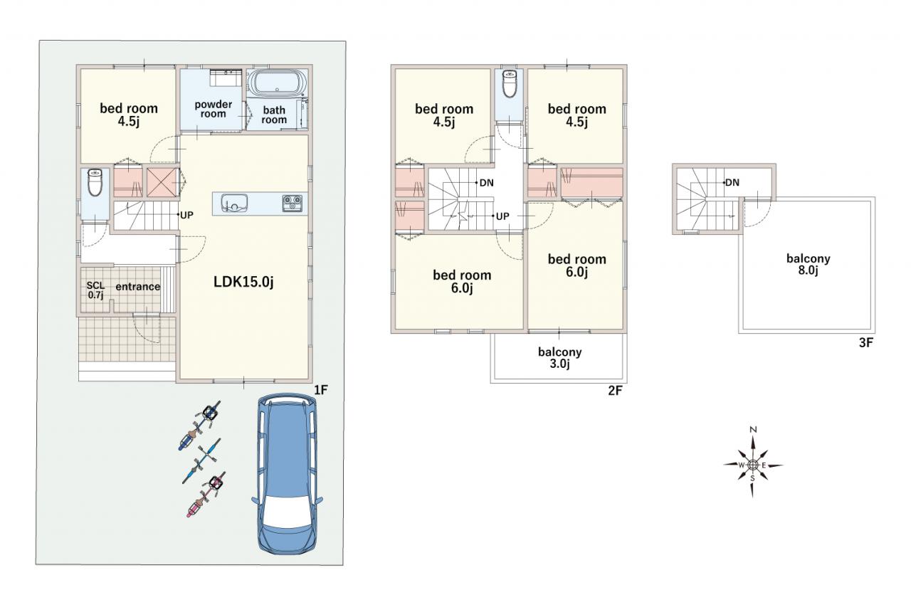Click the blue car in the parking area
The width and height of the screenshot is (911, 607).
[x=287, y=474]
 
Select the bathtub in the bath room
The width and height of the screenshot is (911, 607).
[x=278, y=83]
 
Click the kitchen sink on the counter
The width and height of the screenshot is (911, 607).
[x=234, y=203]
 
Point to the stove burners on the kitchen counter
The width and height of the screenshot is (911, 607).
[x=293, y=204]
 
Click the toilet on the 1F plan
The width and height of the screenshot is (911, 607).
[x=95, y=183]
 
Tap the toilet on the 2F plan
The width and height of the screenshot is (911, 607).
[x=509, y=83]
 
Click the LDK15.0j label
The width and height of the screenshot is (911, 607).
[x=243, y=281]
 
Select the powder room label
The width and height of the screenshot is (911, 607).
[x=213, y=109]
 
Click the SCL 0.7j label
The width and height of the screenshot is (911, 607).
[x=95, y=290]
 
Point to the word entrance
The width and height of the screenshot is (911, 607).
[x=138, y=287]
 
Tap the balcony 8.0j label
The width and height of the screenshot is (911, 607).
[x=808, y=264]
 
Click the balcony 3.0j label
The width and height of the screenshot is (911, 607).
[x=559, y=358]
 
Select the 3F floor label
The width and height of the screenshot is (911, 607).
[x=866, y=343]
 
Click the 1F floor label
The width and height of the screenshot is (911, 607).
[x=320, y=390]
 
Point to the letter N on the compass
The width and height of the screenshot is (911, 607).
[x=753, y=430]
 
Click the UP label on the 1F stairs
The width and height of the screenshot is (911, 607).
[x=186, y=215]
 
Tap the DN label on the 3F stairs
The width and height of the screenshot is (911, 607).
[x=732, y=183]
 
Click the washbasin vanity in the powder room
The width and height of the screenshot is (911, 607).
[x=226, y=78]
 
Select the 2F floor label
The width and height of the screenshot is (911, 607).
[x=615, y=391]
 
